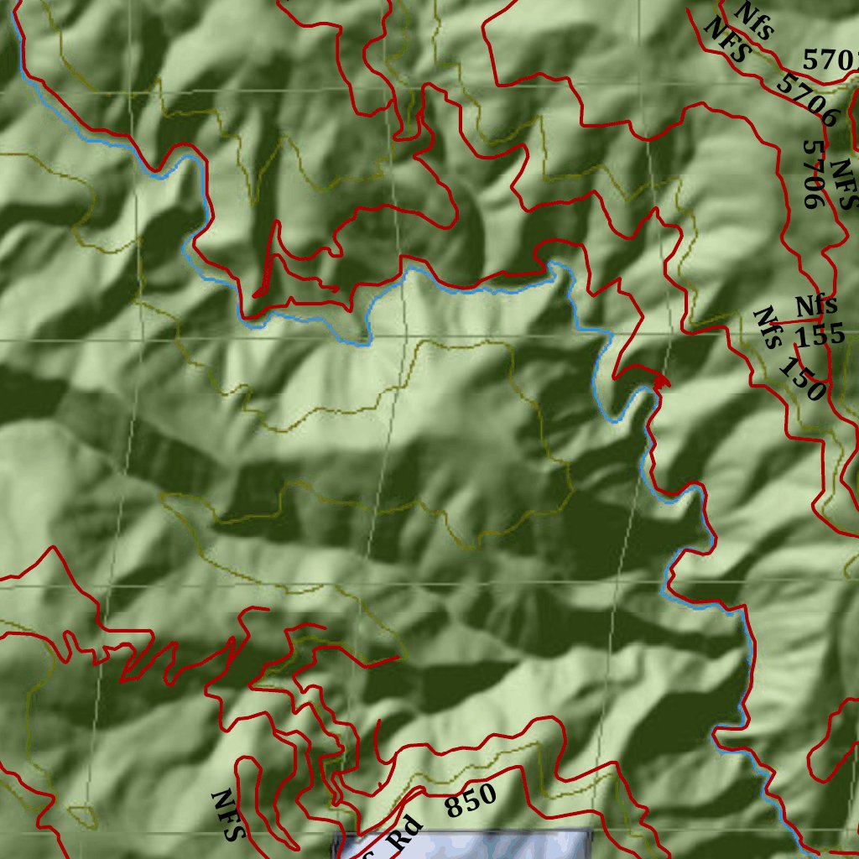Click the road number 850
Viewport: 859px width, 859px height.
(471, 802)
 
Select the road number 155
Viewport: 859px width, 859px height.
(820, 336)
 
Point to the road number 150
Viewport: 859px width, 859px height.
(802, 378)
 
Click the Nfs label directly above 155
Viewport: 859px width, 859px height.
(816, 305)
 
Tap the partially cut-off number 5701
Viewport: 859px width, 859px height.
(830, 60)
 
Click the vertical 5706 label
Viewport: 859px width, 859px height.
(813, 174)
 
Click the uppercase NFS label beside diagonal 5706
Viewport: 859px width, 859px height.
(726, 42)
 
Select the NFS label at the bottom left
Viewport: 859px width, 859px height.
(228, 815)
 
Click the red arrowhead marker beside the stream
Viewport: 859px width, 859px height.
(662, 383)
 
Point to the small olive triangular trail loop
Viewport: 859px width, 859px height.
(82, 815)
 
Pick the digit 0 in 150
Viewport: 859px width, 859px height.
(815, 390)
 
